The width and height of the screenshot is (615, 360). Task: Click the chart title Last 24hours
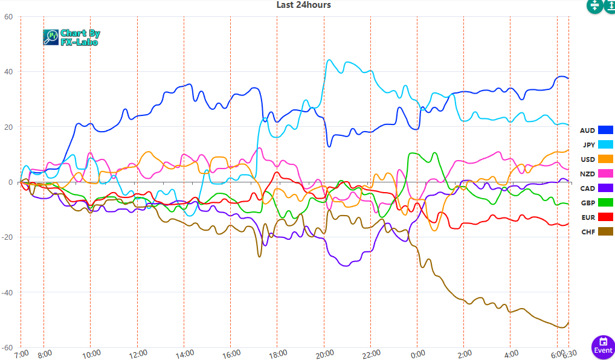(303, 5)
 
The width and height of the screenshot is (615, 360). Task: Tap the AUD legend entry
(596, 130)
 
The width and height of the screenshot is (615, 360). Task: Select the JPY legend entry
(596, 145)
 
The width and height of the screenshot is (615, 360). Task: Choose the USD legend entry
(596, 159)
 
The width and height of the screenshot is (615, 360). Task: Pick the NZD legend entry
(596, 174)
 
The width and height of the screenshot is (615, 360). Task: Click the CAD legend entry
(596, 188)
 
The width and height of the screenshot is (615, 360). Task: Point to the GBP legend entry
(596, 203)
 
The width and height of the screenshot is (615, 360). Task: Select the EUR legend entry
(596, 217)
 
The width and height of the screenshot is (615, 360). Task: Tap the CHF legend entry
(596, 232)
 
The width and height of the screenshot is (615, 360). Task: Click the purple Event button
(602, 346)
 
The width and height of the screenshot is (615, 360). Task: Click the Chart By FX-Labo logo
(71, 37)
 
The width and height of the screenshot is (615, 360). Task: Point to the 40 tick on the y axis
(8, 72)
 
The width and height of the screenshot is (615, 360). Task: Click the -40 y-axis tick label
(7, 292)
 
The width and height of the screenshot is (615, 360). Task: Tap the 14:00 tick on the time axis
(184, 353)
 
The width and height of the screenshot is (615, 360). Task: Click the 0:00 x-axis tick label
(417, 353)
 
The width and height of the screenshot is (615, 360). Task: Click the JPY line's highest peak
(329, 60)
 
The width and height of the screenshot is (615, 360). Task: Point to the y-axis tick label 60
(8, 17)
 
